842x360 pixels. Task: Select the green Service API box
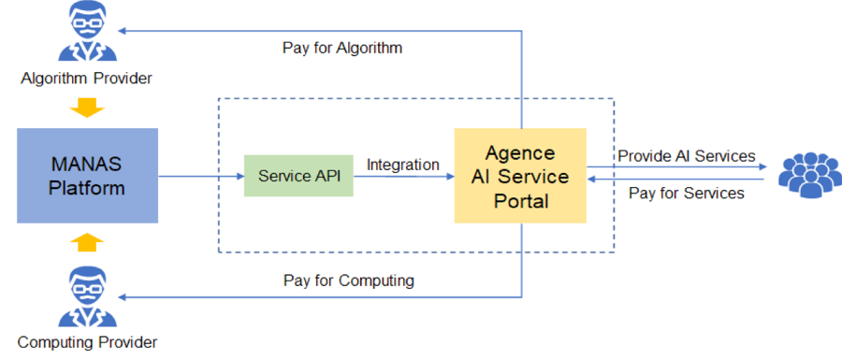[x=298, y=176]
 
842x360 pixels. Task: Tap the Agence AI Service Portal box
[x=520, y=176]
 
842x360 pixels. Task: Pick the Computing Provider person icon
[x=86, y=297]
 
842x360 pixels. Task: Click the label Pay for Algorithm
[x=342, y=48]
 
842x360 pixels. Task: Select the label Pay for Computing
[x=348, y=281]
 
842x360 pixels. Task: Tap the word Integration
[x=403, y=165]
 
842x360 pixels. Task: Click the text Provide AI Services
[x=686, y=156]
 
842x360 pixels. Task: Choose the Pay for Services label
[x=687, y=194]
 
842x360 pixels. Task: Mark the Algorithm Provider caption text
[x=86, y=78]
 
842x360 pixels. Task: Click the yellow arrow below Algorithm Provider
[x=86, y=107]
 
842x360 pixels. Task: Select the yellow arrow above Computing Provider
[x=86, y=245]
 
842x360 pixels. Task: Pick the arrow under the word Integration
[x=403, y=176]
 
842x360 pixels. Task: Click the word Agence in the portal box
[x=520, y=153]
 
